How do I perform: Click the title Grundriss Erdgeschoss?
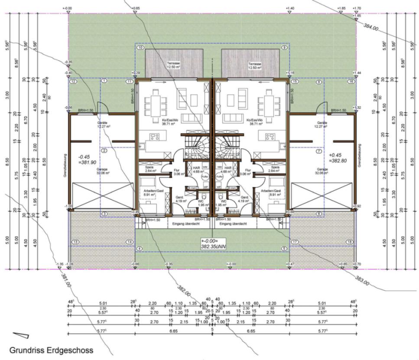51,350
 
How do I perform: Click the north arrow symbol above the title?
20,335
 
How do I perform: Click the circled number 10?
140,47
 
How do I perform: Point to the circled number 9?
285,47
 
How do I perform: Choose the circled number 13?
75,242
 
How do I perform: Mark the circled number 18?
349,242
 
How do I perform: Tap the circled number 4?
140,249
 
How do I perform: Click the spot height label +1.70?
357,8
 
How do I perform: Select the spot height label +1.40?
290,8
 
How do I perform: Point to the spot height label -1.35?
60,264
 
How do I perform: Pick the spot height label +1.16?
291,73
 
